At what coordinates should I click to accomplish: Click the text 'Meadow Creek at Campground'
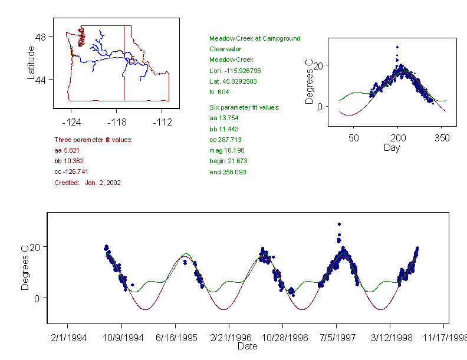click(x=255, y=38)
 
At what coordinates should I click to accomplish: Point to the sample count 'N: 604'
click(x=219, y=92)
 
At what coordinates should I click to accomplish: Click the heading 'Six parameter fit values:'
click(x=244, y=107)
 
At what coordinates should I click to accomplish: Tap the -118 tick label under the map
click(x=116, y=122)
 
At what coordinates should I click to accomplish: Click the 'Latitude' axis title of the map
click(x=31, y=63)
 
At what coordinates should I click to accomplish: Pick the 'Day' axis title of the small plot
click(x=392, y=148)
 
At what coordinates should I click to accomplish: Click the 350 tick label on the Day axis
click(x=442, y=138)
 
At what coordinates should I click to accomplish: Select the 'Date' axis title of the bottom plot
click(x=248, y=346)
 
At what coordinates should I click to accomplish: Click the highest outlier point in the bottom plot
click(x=339, y=224)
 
